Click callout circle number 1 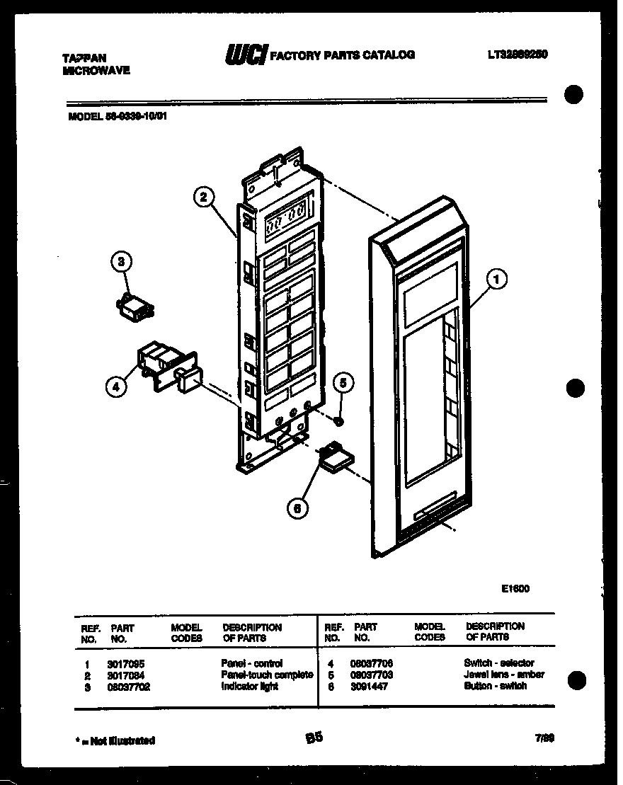(x=497, y=280)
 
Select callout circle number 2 (x=203, y=197)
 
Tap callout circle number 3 (x=121, y=263)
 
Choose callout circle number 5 (x=343, y=383)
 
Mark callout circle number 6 (x=298, y=507)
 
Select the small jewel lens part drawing (x=339, y=422)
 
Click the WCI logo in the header (x=244, y=55)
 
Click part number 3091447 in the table (x=369, y=687)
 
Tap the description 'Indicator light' (x=250, y=687)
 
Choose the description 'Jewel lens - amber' (x=503, y=675)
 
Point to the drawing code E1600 (x=515, y=588)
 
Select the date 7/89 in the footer (x=544, y=738)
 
